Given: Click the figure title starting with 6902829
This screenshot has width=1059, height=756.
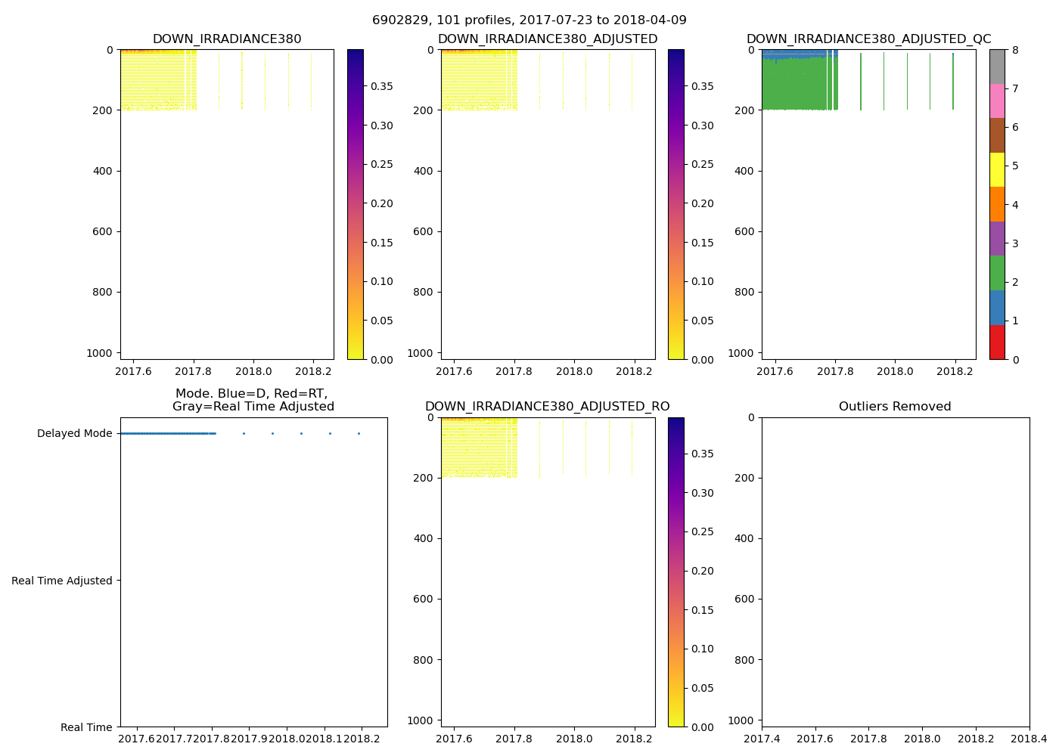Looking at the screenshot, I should click(x=529, y=20).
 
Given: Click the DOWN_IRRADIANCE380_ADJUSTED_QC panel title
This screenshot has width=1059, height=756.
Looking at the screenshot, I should click(x=868, y=39).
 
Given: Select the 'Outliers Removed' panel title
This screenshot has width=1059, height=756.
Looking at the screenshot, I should click(x=895, y=407).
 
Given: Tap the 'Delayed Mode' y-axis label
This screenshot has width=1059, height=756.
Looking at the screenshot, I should click(x=74, y=433).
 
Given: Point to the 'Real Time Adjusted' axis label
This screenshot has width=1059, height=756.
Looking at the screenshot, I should click(x=62, y=581).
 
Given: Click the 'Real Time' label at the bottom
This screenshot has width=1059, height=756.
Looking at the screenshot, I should click(x=86, y=727).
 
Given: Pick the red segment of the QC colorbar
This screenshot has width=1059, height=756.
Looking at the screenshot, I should click(x=997, y=342).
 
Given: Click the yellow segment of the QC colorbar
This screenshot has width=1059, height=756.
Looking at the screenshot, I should click(x=997, y=169).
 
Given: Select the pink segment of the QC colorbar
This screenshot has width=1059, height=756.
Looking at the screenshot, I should click(x=997, y=101).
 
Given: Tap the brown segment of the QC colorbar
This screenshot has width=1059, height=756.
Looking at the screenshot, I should click(x=997, y=135).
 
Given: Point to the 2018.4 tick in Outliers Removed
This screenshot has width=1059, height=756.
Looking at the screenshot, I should click(x=1029, y=739).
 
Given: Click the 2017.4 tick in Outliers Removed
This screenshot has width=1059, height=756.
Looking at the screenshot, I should click(x=762, y=739).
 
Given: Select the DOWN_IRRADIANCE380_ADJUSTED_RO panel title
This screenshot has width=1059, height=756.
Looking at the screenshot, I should click(x=547, y=407).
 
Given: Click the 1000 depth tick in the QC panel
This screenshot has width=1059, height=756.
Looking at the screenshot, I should click(x=741, y=353).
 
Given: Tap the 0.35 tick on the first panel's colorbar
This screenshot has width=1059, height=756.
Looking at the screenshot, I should click(x=381, y=86).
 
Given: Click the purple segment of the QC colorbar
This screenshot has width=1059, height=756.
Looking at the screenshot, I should click(x=997, y=238).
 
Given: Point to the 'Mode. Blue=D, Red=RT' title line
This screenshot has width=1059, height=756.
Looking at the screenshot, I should click(x=251, y=394).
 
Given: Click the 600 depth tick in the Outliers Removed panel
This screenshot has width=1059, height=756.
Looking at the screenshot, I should click(x=745, y=599).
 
